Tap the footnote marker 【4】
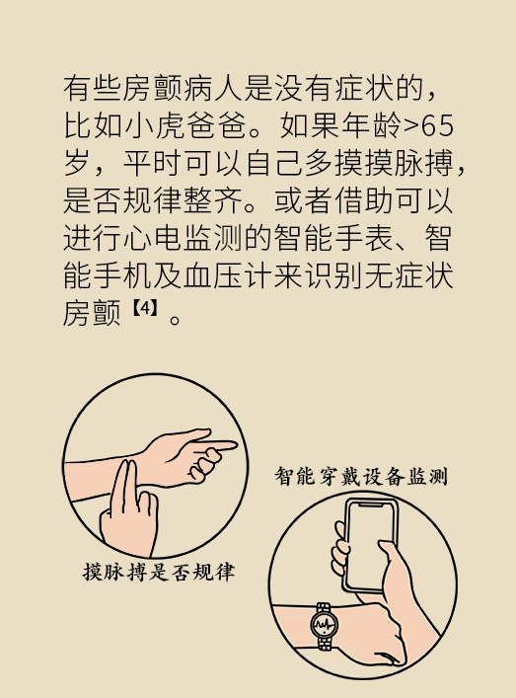pyautogui.click(x=145, y=308)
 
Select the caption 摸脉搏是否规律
pyautogui.click(x=159, y=572)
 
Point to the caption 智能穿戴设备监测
pyautogui.click(x=361, y=476)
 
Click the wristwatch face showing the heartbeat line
pyautogui.click(x=324, y=625)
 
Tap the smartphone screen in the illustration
pyautogui.click(x=369, y=544)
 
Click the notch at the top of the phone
pyautogui.click(x=371, y=504)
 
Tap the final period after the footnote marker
pyautogui.click(x=176, y=319)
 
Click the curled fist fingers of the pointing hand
pyautogui.click(x=204, y=464)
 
